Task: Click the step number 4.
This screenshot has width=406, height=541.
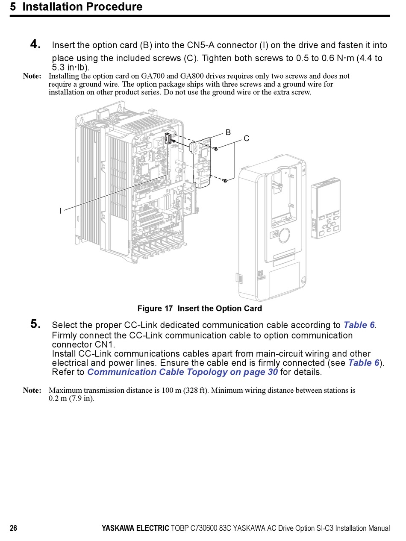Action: pos(35,44)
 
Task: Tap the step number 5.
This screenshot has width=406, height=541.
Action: pos(35,324)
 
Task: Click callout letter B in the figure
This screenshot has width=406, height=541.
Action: pos(228,132)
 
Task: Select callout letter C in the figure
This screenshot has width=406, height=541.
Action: pos(247,138)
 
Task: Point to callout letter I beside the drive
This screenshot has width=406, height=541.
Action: pos(60,211)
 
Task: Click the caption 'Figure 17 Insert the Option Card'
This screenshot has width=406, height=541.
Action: pos(200,309)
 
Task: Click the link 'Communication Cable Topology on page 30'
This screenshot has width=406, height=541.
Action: pos(182,372)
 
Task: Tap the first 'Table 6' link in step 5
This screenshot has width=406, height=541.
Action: pos(359,325)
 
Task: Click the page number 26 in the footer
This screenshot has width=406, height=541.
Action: pos(14,529)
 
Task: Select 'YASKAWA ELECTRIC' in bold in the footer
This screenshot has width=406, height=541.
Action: pos(135,529)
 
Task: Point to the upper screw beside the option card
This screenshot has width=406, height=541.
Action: pos(216,149)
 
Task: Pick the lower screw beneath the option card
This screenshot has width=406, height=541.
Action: pos(225,181)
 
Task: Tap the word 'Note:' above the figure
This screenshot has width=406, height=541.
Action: pos(32,76)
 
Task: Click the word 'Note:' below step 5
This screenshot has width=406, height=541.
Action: pos(32,390)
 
